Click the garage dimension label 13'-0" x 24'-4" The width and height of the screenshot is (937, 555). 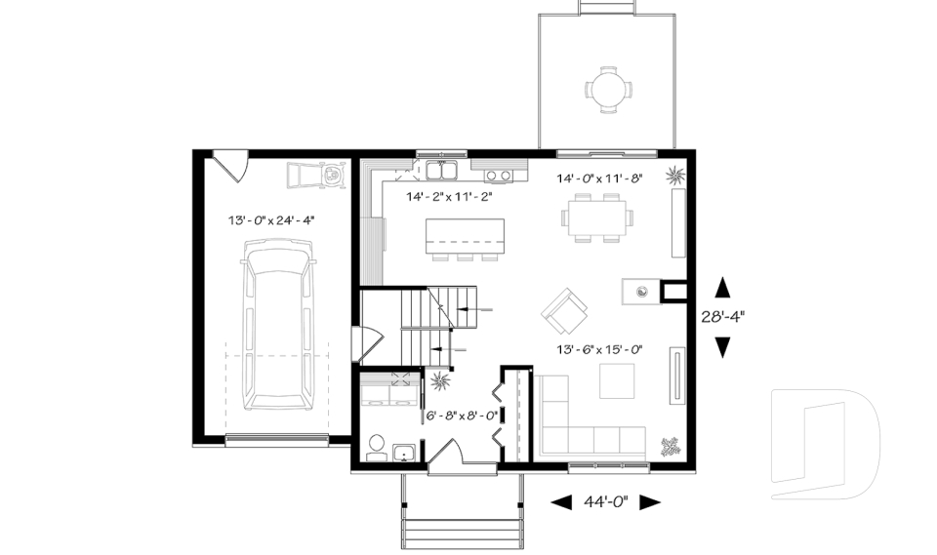tap(269, 220)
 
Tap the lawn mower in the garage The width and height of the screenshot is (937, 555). tap(317, 176)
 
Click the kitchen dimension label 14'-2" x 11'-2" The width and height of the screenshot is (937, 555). tap(448, 196)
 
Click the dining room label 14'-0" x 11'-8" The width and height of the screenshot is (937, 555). tap(600, 178)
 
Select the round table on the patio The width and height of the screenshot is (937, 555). tap(608, 89)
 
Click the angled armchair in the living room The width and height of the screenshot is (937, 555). tap(565, 310)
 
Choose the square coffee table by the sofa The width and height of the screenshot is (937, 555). tap(616, 380)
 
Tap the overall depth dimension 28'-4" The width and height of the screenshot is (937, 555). tap(723, 316)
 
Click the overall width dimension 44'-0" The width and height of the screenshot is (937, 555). tap(606, 502)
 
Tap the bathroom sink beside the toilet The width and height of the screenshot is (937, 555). tap(403, 451)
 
